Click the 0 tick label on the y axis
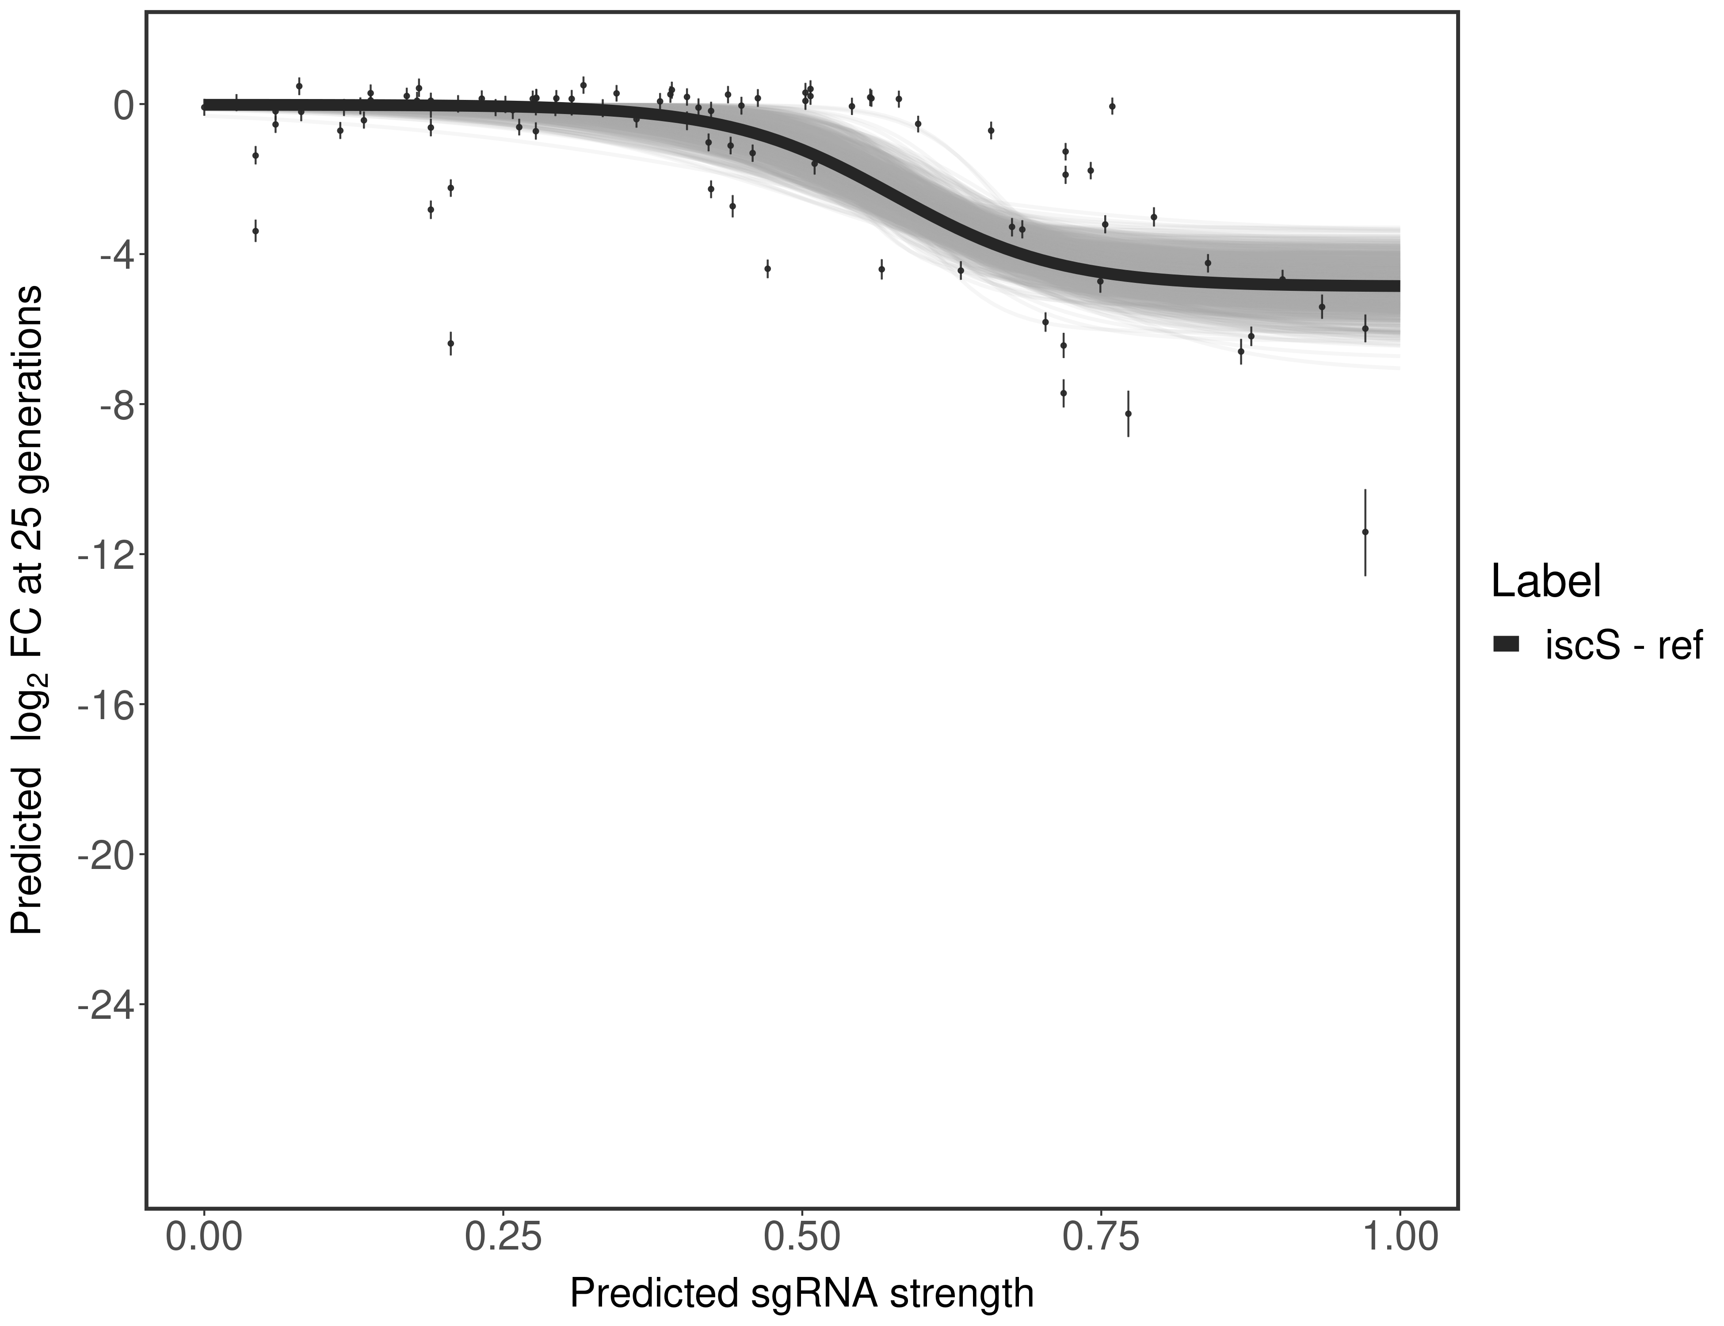(123, 105)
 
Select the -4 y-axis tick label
(111, 255)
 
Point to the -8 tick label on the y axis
(111, 405)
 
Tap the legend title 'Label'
(1545, 582)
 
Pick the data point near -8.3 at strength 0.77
(1128, 413)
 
